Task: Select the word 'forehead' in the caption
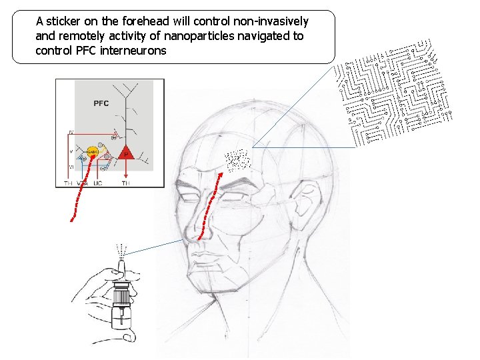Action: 148,21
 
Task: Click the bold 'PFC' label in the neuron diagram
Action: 101,103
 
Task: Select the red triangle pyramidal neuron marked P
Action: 126,152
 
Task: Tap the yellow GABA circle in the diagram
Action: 93,153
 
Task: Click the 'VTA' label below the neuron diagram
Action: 82,183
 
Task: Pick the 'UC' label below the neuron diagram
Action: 98,183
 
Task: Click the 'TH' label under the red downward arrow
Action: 126,183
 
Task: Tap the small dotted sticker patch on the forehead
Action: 237,160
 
